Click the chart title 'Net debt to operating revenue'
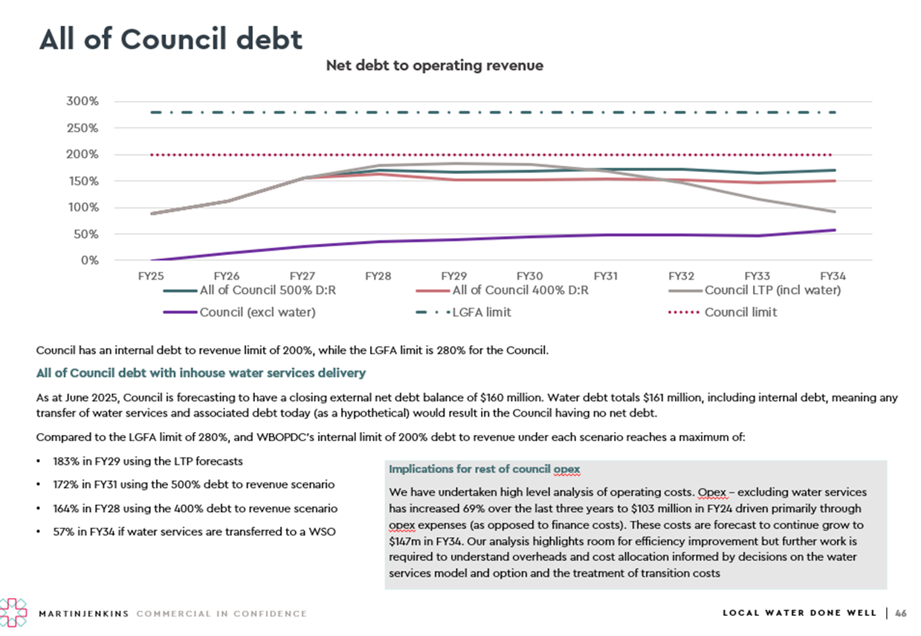pos(435,65)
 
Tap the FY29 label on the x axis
pos(453,275)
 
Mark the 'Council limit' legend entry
pos(740,312)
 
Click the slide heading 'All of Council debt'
pos(171,39)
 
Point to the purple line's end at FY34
pos(834,230)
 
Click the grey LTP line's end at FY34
pos(834,212)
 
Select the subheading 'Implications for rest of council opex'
pos(484,469)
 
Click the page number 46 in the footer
pos(901,614)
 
